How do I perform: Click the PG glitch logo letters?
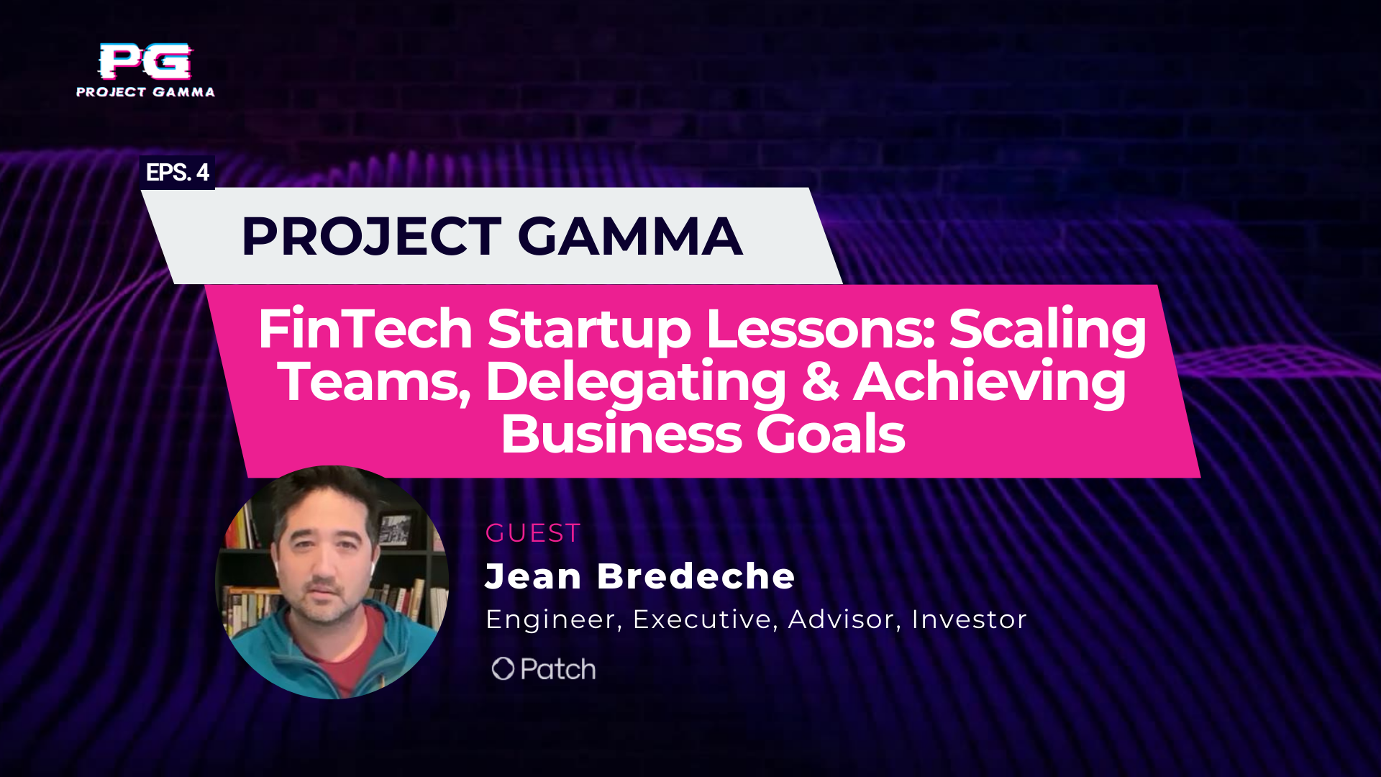click(x=145, y=61)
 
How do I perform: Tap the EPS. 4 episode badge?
click(x=177, y=173)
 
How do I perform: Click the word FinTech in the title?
click(x=365, y=329)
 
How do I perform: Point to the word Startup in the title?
click(x=589, y=329)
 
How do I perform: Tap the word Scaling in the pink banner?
click(x=1047, y=329)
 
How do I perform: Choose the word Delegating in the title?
click(x=636, y=382)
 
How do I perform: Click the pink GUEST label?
click(x=533, y=533)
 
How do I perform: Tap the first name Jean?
click(x=533, y=576)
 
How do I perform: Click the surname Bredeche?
click(x=696, y=576)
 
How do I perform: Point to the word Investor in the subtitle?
click(x=969, y=619)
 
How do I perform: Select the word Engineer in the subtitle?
click(x=550, y=619)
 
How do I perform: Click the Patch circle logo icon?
click(x=503, y=669)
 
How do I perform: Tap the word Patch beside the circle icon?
click(x=558, y=669)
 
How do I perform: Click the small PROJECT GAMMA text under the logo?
click(x=145, y=92)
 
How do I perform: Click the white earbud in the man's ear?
click(x=373, y=568)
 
